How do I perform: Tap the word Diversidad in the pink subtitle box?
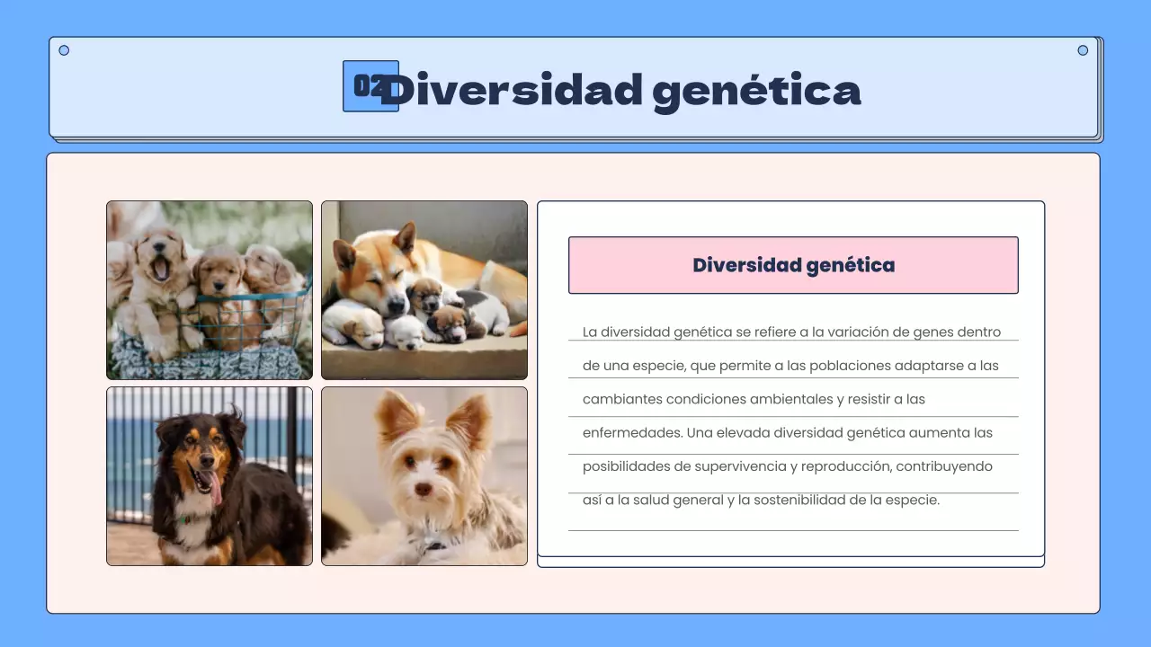coord(746,265)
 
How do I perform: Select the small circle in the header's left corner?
coord(64,50)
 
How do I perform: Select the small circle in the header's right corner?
coord(1083,50)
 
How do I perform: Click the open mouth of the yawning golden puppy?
coord(162,267)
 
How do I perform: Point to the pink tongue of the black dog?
coord(215,489)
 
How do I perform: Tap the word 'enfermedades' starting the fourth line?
coord(631,432)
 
